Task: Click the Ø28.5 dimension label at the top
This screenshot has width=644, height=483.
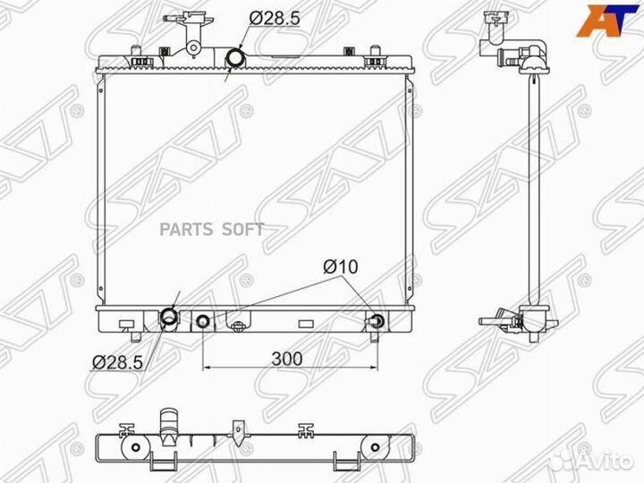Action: point(275,19)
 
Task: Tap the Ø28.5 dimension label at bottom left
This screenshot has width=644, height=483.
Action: point(117,362)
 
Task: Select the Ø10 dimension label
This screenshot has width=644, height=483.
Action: point(341,267)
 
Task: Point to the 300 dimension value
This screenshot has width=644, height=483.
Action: point(287,359)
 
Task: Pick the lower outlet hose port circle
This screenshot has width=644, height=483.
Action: point(169,317)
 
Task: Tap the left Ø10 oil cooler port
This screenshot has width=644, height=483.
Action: point(203,321)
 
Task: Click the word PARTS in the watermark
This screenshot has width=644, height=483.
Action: point(186,230)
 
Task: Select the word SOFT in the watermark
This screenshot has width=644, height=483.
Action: point(242,230)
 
